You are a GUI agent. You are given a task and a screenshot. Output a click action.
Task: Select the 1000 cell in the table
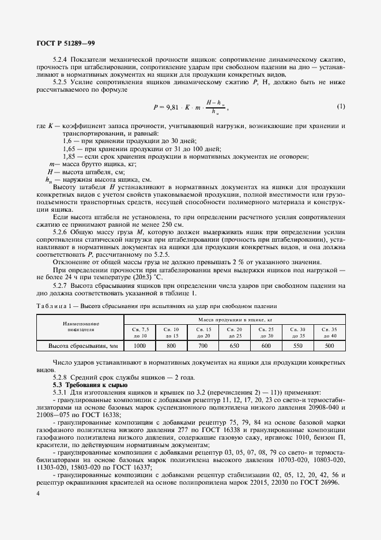tap(140, 346)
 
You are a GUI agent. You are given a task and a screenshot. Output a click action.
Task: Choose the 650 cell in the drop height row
tap(235, 346)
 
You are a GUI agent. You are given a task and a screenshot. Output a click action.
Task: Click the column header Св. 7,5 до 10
tap(140, 332)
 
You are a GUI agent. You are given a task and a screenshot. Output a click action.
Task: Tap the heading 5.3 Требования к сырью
tap(85, 384)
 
